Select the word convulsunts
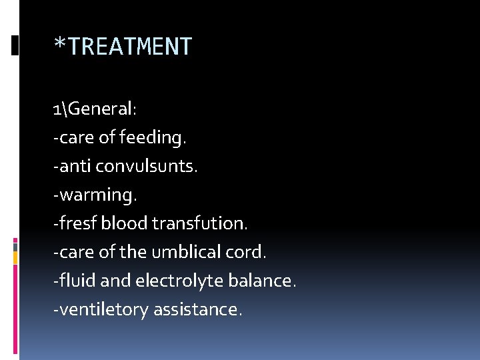(147, 166)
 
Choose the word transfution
(199, 223)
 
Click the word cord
(249, 252)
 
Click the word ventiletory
(103, 309)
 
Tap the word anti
(74, 166)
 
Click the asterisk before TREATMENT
(59, 45)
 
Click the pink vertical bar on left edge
(15, 300)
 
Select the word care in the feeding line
(74, 138)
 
